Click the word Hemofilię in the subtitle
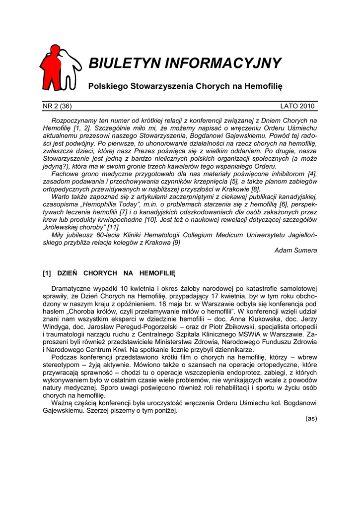click(x=262, y=86)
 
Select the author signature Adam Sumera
click(x=295, y=251)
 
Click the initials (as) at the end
click(x=311, y=419)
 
